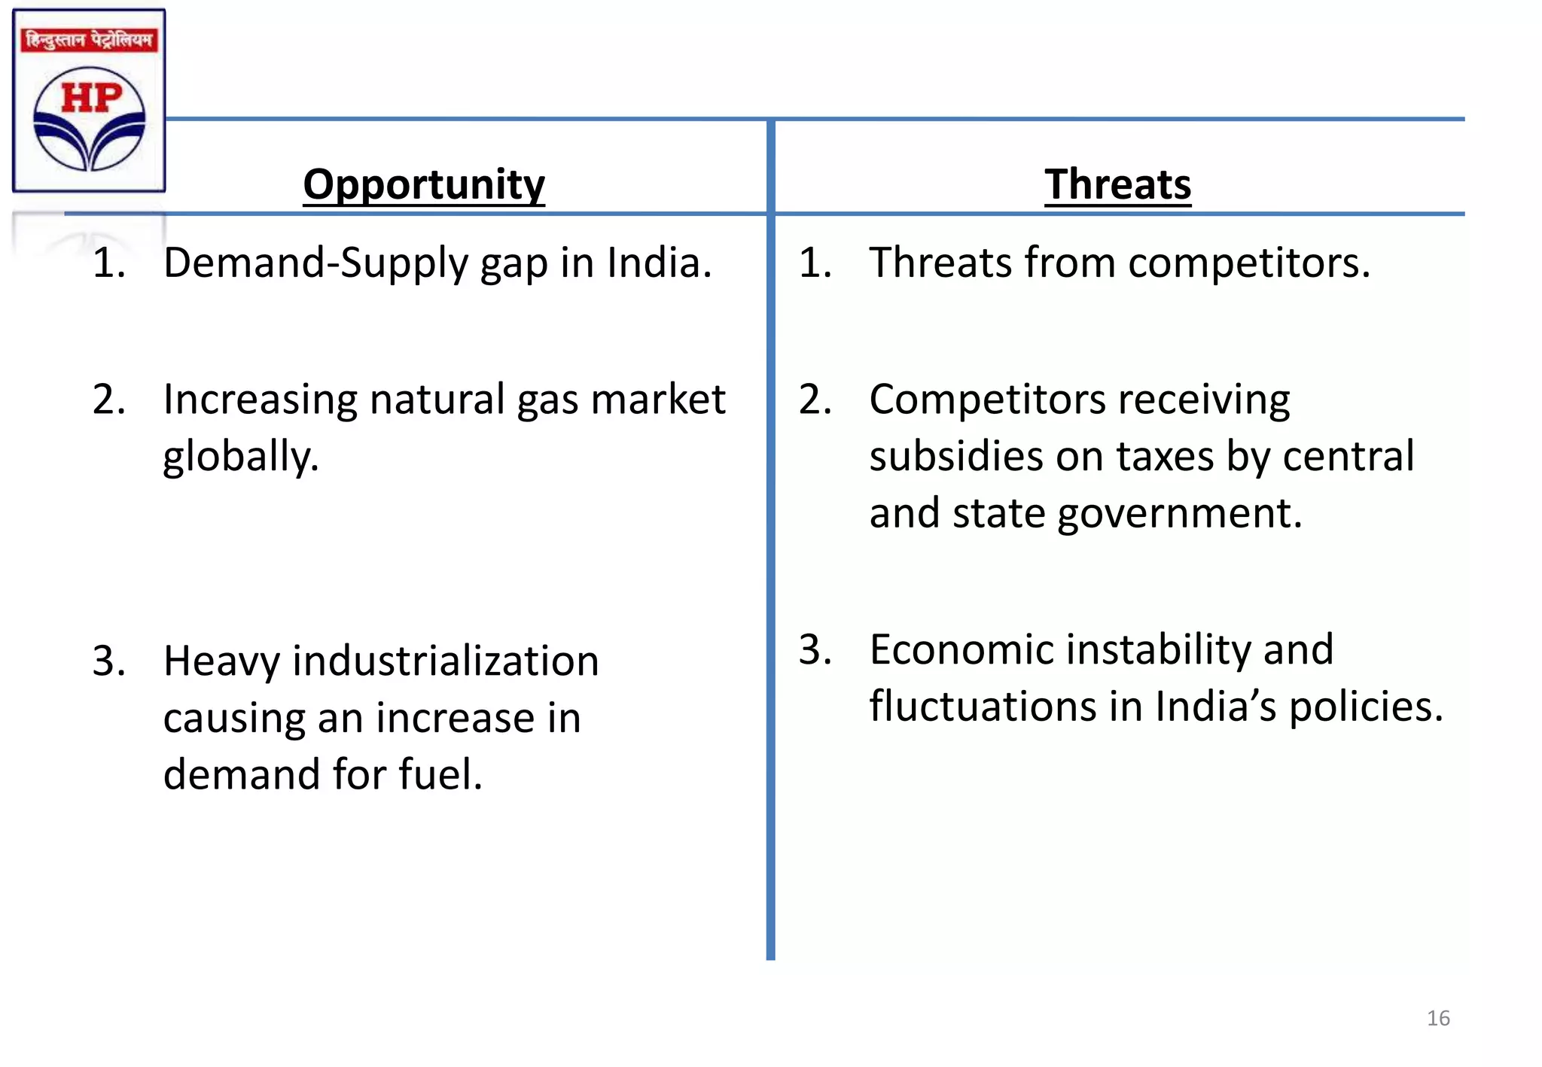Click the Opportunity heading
tap(424, 185)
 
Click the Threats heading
tap(1117, 185)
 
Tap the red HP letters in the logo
tap(91, 98)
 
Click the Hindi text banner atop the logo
tap(89, 39)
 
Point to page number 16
tap(1438, 1018)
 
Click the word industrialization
tap(446, 661)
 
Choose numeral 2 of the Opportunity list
tap(108, 400)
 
